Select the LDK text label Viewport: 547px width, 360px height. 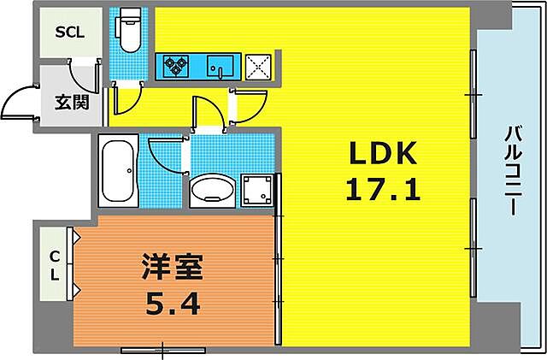pyautogui.click(x=383, y=154)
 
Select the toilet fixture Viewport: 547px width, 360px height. pyautogui.click(x=131, y=32)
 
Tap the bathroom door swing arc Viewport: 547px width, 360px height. pyautogui.click(x=165, y=154)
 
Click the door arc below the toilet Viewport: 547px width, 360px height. pyautogui.click(x=126, y=103)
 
